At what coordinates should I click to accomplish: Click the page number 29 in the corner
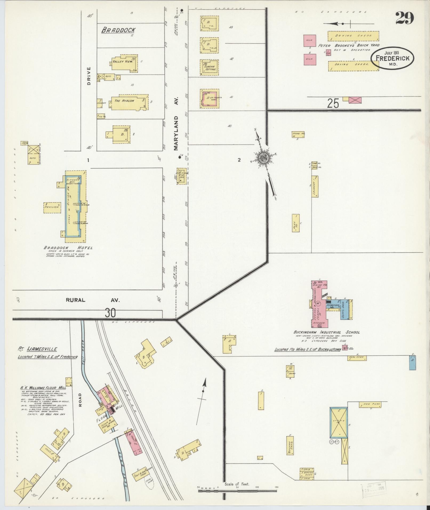(x=404, y=18)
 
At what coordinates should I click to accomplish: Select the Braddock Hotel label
(x=68, y=248)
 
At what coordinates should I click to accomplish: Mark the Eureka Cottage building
(x=210, y=67)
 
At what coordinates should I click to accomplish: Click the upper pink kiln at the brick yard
(x=310, y=41)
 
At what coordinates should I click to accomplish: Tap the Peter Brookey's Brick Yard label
(x=349, y=45)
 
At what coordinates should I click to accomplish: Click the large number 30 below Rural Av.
(x=110, y=313)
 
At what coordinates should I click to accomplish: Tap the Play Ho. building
(x=295, y=223)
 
